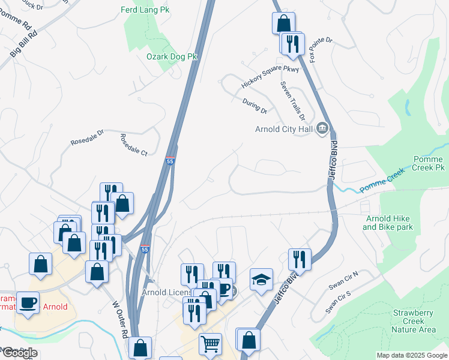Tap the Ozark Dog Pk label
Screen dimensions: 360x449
coord(172,56)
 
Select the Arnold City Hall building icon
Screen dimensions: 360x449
coord(322,128)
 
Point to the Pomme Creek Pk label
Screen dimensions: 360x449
coord(429,164)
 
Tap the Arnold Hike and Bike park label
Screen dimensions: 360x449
coord(388,223)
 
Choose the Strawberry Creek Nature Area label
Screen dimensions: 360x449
coord(414,321)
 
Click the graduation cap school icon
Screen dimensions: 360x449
coord(261,278)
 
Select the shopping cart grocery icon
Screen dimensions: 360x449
coord(210,344)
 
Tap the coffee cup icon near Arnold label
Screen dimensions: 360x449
coord(28,301)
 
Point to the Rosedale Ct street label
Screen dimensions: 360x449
coord(133,145)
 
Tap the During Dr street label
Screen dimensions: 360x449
coord(255,107)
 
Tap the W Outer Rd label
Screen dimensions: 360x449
coord(120,319)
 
